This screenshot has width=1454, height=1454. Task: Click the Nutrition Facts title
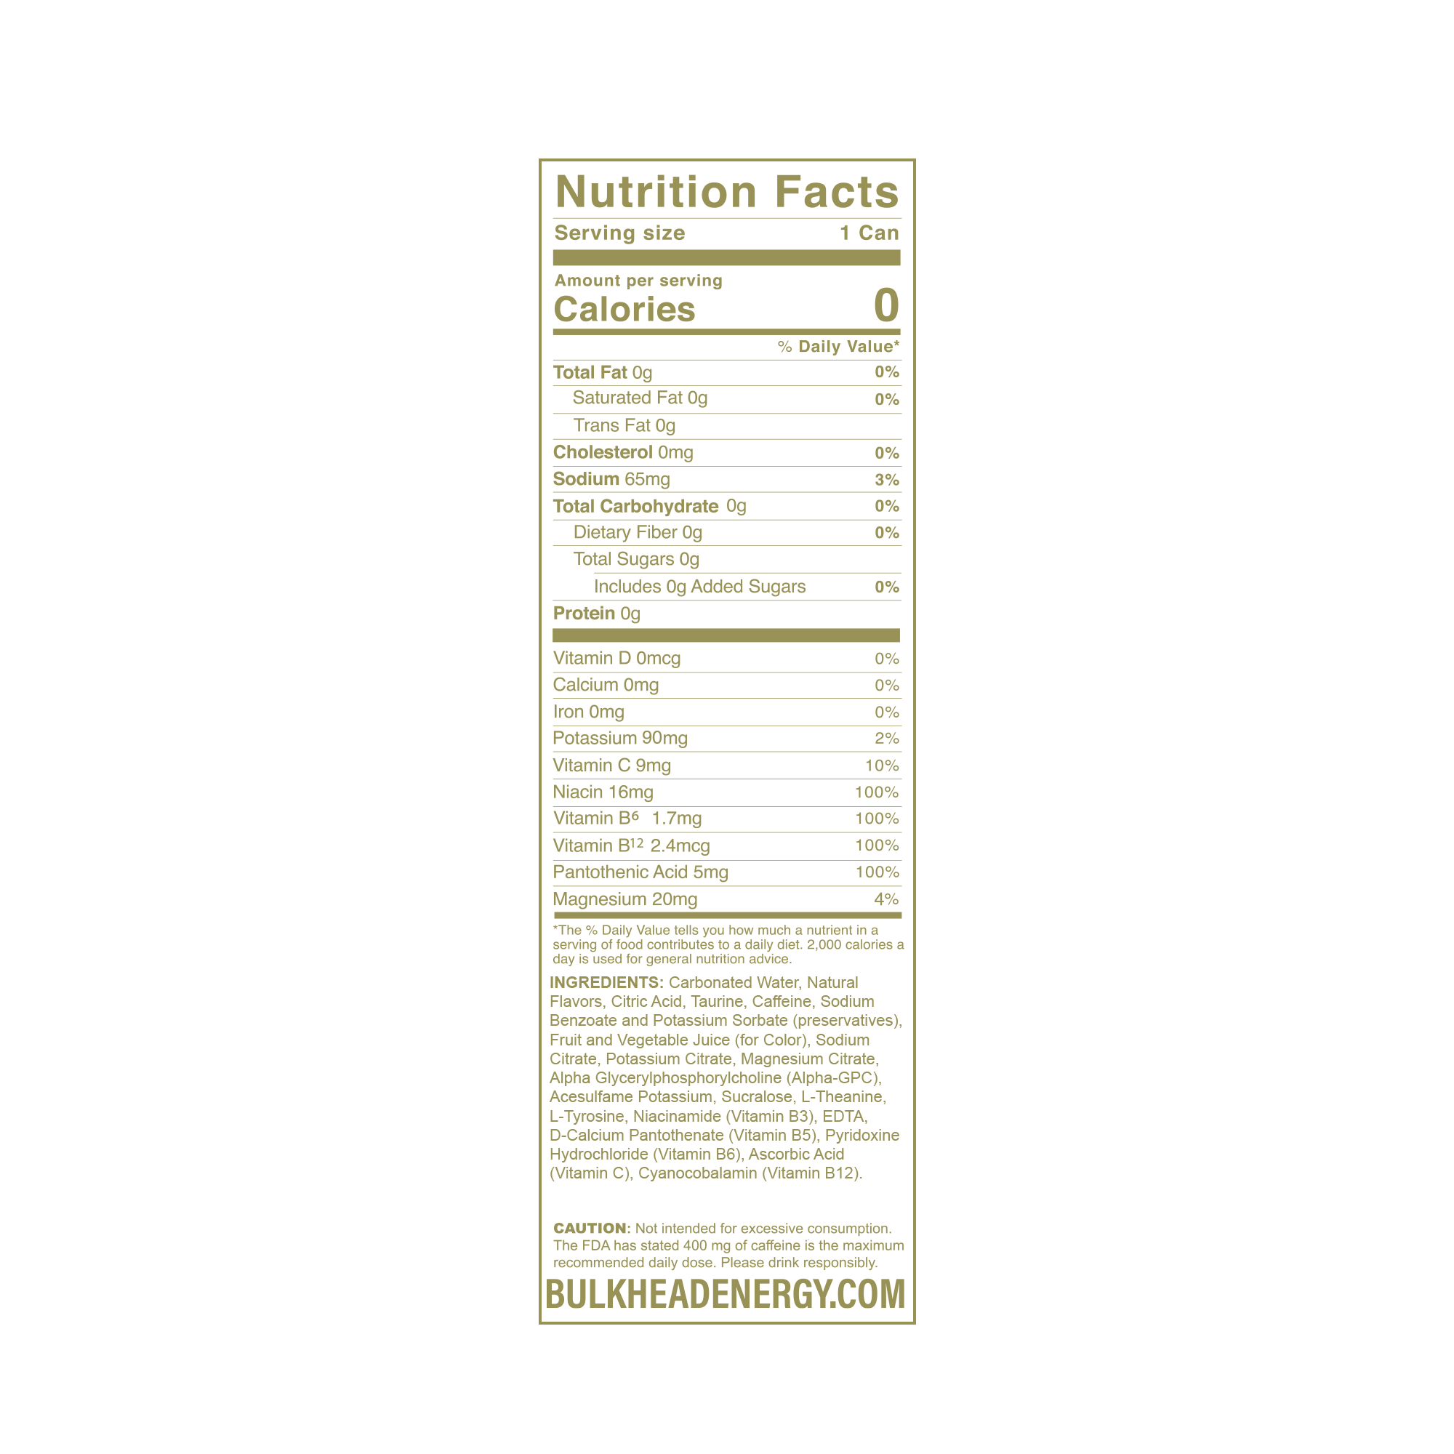pos(727,192)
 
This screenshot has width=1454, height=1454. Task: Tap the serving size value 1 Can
pos(869,233)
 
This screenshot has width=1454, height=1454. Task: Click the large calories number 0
pos(885,305)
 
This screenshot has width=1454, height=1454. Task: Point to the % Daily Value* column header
pos(838,346)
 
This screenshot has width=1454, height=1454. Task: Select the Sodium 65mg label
pos(611,478)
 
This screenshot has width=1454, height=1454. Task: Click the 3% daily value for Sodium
pos(886,479)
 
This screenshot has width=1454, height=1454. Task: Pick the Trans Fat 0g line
pos(624,425)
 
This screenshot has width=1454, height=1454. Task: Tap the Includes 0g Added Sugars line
pos(699,586)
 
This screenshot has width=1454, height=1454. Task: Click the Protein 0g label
pos(596,614)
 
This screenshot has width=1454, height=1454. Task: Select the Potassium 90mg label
pos(620,739)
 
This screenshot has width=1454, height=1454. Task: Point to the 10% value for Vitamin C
pos(882,766)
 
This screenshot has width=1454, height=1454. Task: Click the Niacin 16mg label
pos(603,792)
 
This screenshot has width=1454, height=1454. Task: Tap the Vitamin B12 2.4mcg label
pos(632,846)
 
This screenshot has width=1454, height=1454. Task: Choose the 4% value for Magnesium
pos(886,899)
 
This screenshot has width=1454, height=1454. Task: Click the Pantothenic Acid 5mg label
pos(640,872)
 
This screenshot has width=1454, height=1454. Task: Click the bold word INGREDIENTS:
pos(606,982)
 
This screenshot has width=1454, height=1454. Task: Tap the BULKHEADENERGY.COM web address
pos(726,1294)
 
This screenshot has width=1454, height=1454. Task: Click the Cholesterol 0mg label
pos(623,452)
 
